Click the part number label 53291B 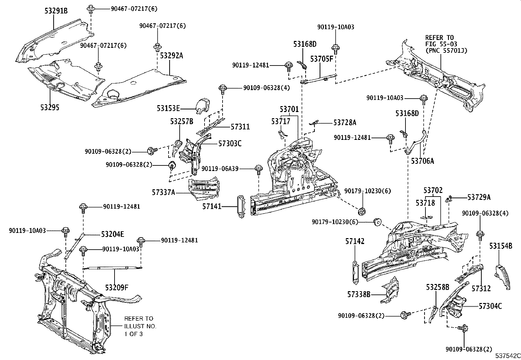pos(56,11)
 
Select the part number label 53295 pos(50,107)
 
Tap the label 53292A pos(171,56)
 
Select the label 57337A pos(163,192)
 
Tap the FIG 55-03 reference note pos(446,44)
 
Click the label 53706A pos(422,161)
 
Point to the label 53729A pos(479,197)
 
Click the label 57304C pos(490,306)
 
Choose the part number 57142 pos(355,241)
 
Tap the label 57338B pos(359,294)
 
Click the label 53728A pos(345,123)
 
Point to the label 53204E pos(112,234)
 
